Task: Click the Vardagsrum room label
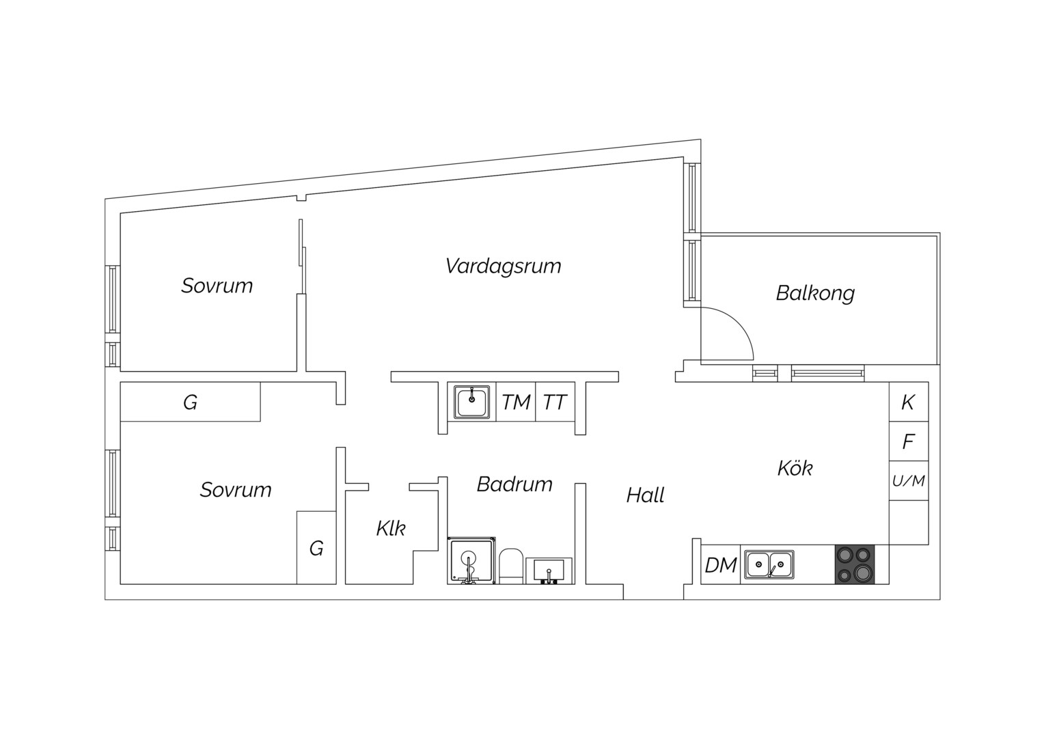503,266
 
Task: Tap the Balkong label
815,294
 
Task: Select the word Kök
795,468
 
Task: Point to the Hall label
645,495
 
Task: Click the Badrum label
514,484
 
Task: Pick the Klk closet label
391,529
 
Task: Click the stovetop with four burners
855,564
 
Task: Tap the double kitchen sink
769,564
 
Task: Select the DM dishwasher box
721,564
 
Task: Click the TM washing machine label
516,402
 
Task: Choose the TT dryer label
555,402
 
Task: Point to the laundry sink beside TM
471,402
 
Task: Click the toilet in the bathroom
511,566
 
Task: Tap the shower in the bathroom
471,560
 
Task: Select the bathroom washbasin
549,571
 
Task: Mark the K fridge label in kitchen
908,402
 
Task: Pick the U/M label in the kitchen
908,480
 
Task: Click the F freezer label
908,441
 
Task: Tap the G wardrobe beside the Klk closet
316,548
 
